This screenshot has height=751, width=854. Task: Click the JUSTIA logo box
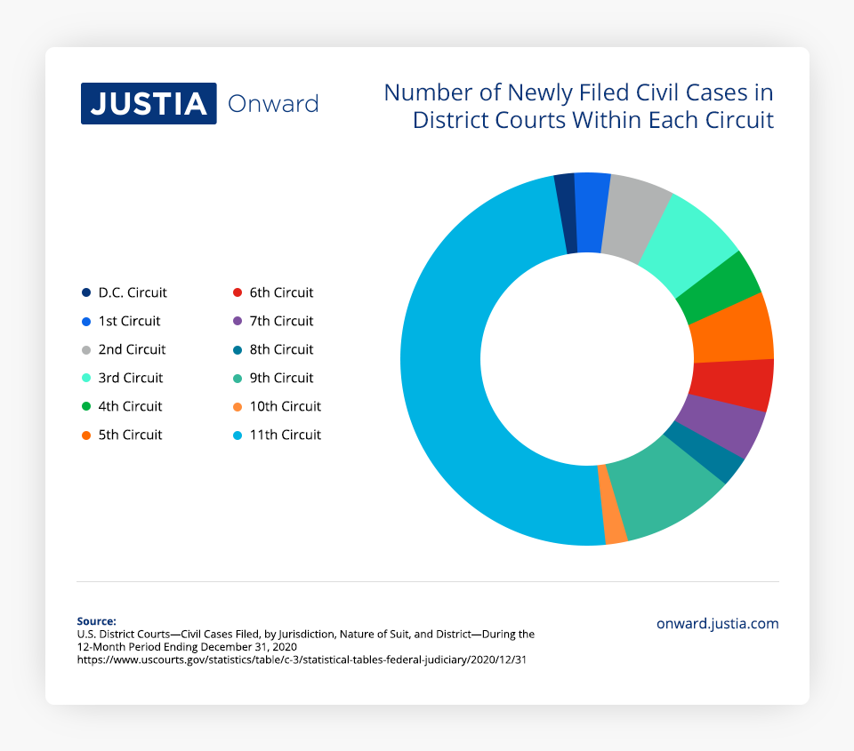click(149, 103)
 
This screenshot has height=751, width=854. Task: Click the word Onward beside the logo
click(273, 104)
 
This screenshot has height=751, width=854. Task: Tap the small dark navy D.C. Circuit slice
click(565, 212)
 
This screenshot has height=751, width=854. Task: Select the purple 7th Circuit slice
click(719, 424)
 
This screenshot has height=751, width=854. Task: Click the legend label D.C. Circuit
click(133, 292)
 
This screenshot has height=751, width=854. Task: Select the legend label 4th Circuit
click(130, 406)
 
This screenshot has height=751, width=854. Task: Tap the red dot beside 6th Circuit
click(237, 292)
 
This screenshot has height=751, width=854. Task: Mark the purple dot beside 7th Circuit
click(237, 321)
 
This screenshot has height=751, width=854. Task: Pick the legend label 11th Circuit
click(285, 435)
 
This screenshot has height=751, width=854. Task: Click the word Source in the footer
click(96, 621)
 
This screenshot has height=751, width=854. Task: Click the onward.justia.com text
click(717, 624)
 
